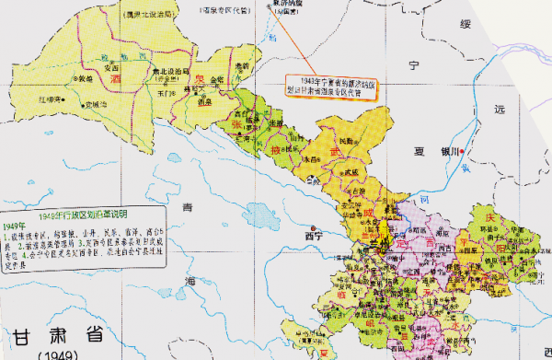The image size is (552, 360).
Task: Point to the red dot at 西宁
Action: (314, 227)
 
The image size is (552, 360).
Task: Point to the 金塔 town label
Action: (217, 81)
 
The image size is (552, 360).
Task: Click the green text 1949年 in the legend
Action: (15, 226)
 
